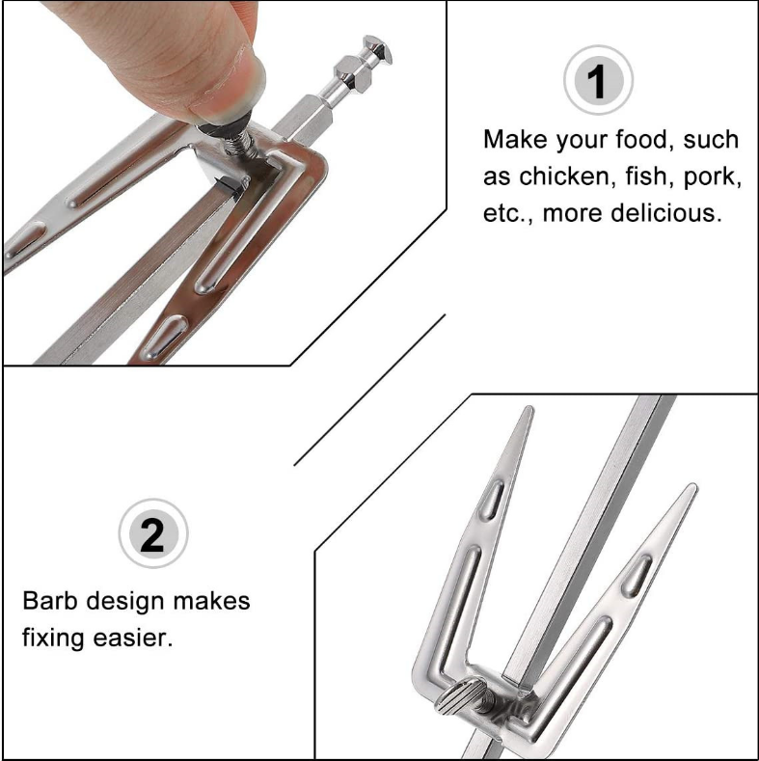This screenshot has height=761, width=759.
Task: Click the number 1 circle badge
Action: tap(598, 80)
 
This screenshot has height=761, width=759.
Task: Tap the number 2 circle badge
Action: tap(153, 533)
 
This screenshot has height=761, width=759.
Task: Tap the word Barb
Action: tap(50, 600)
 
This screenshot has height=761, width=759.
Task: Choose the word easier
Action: tap(132, 638)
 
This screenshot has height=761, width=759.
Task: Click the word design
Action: tap(125, 602)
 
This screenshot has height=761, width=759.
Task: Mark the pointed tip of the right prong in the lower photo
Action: tap(692, 486)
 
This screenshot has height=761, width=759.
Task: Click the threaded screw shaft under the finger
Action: tap(239, 144)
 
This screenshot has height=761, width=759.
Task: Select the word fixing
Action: tap(53, 639)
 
